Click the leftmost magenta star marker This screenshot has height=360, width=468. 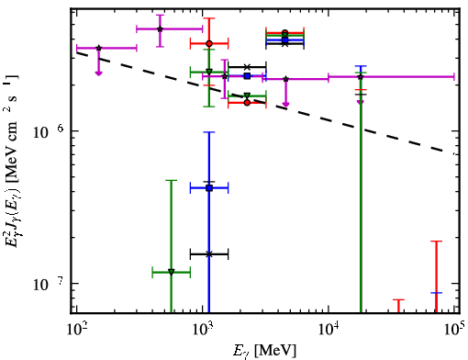tap(98, 48)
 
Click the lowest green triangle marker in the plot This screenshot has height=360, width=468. tap(172, 272)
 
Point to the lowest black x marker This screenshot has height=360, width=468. tap(209, 254)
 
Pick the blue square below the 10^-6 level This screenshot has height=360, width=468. tap(209, 188)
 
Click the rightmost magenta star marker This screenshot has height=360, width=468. tap(361, 76)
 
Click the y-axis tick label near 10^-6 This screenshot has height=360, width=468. tap(49, 131)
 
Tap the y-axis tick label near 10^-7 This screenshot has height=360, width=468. tap(49, 284)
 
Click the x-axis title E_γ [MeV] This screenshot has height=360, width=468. tap(264, 351)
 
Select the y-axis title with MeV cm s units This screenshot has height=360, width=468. tap(12, 160)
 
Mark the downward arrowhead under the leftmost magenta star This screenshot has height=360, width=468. tap(98, 73)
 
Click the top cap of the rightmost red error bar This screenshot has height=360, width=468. tap(437, 242)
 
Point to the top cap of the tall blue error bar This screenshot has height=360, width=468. tap(209, 132)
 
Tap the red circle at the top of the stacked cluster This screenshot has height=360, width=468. tap(285, 32)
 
